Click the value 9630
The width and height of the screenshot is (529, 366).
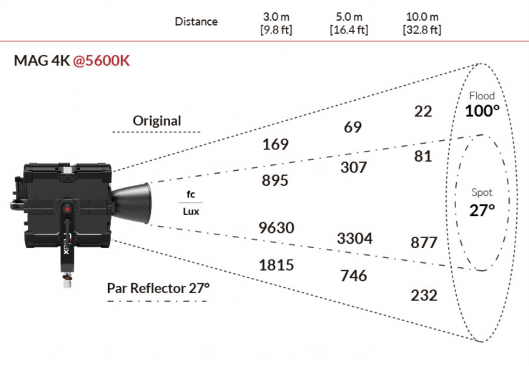[x=277, y=228]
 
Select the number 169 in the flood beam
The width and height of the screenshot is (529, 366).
[x=276, y=144]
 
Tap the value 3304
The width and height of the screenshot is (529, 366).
[x=355, y=239]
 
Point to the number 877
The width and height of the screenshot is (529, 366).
[x=424, y=242]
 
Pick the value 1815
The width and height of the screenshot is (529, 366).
[x=277, y=265]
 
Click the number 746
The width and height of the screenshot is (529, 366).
[x=354, y=276]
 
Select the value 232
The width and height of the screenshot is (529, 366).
[x=424, y=295]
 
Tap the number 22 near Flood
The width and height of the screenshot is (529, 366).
[x=423, y=112]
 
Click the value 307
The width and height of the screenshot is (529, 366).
[x=354, y=168]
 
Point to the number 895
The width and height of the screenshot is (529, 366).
[x=275, y=181]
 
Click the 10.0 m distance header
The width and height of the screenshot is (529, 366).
[x=422, y=23]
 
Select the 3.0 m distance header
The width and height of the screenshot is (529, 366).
[x=277, y=23]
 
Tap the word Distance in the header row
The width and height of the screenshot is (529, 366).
[x=197, y=22]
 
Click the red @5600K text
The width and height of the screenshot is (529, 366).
[x=102, y=61]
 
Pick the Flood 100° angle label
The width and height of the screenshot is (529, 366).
[x=482, y=104]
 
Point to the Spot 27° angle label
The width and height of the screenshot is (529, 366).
[x=482, y=202]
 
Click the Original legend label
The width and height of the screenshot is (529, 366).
[x=157, y=121]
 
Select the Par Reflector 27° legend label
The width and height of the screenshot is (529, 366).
[x=158, y=288]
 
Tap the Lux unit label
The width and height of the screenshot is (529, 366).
[x=191, y=212]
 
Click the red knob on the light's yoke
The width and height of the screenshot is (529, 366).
[x=67, y=209]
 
